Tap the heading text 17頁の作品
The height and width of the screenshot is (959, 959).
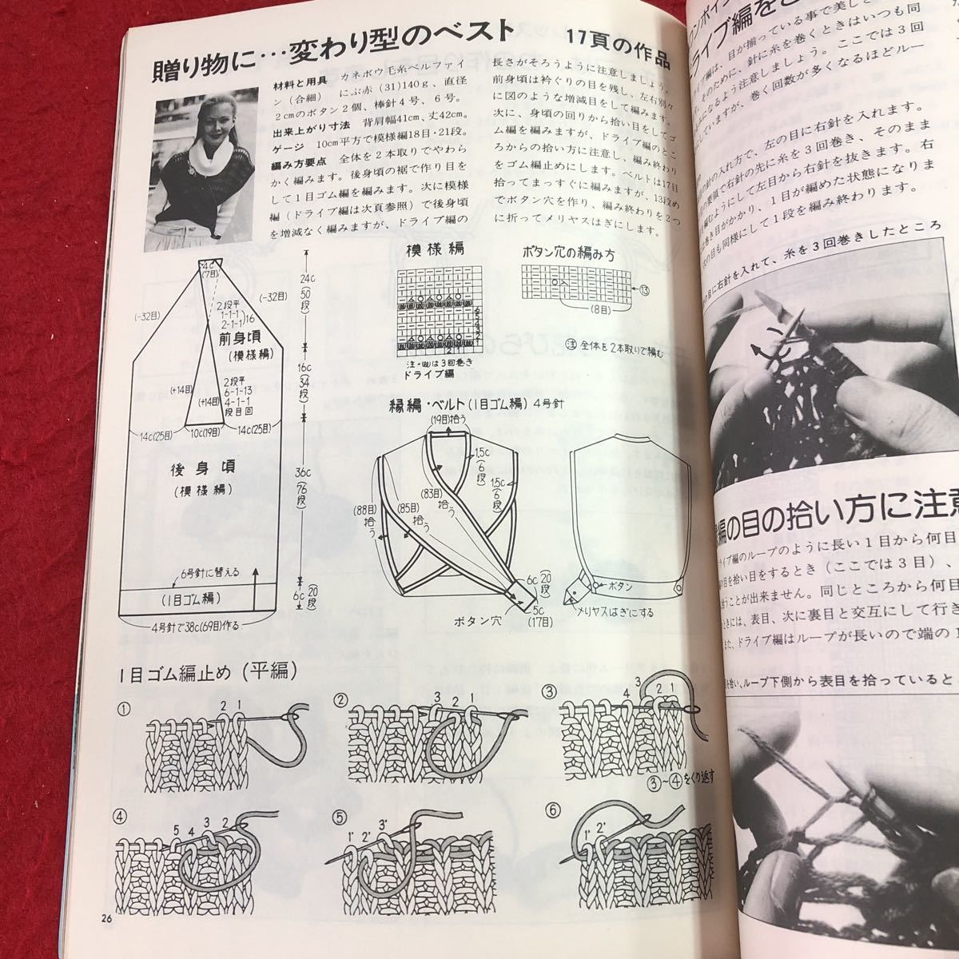coord(617,38)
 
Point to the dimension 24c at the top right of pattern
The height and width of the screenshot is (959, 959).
coord(305,280)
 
